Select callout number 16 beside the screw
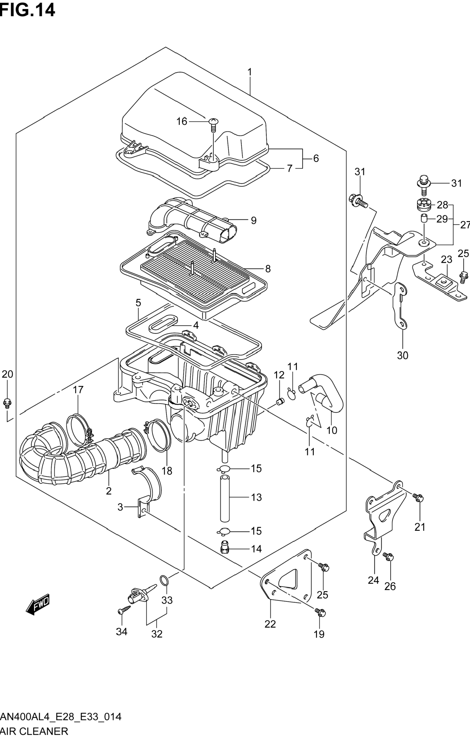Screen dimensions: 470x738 tap(182, 122)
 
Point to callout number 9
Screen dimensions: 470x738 tap(253, 220)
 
